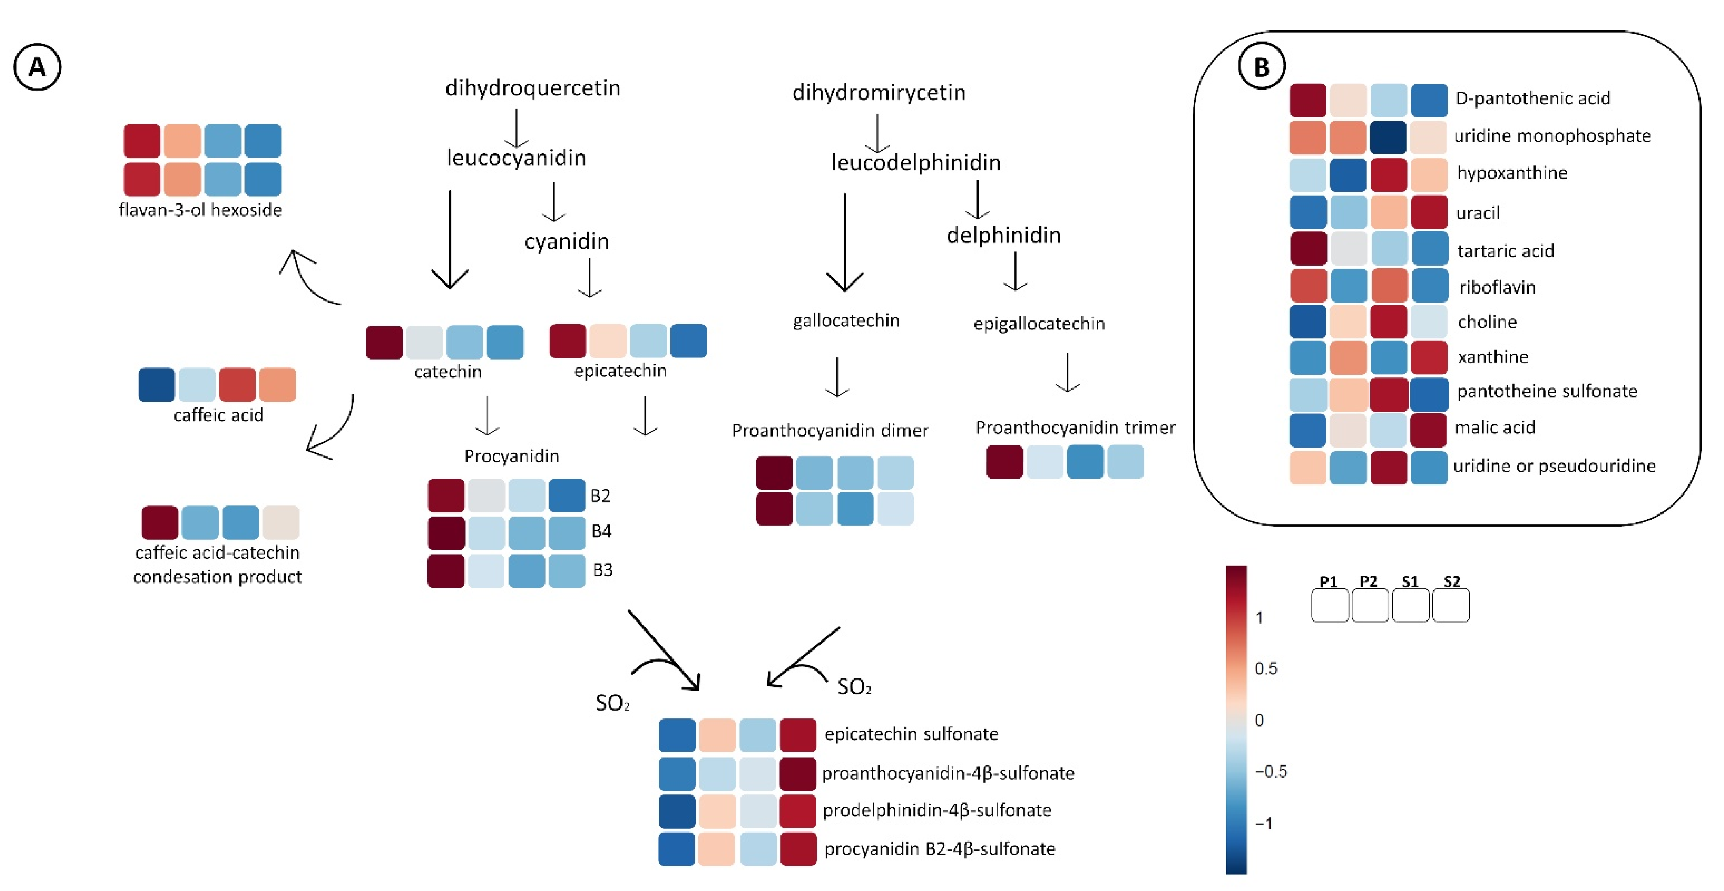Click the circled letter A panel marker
point(37,67)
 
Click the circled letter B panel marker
point(1262,67)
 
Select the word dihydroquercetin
point(533,88)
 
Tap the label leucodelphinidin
point(916,162)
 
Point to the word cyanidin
point(566,241)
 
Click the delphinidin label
point(1003,235)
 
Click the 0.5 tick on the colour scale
point(1265,668)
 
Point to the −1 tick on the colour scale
point(1264,823)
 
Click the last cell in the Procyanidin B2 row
point(567,495)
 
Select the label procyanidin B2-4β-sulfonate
point(940,849)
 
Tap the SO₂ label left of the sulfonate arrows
point(612,703)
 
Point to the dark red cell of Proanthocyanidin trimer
point(1004,462)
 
